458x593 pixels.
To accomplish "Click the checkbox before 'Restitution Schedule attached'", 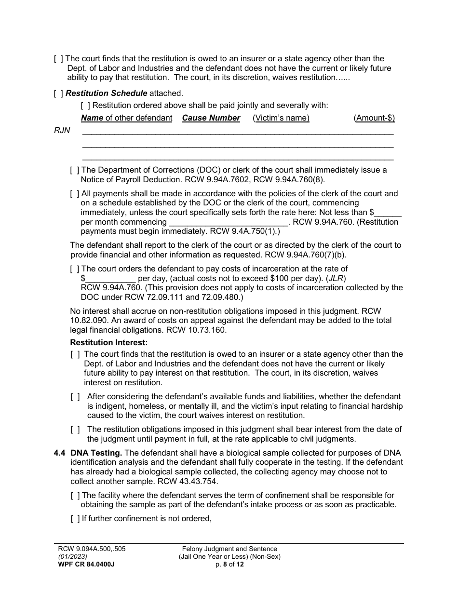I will pyautogui.click(x=58, y=94).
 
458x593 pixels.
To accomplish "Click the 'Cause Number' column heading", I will pyautogui.click(x=211, y=118).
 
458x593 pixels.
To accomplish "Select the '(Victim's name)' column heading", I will pyautogui.click(x=281, y=118).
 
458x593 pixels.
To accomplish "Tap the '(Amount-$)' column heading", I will pyautogui.click(x=374, y=118).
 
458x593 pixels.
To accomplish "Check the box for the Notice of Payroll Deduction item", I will pyautogui.click(x=74, y=170).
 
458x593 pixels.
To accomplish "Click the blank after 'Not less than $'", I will pyautogui.click(x=388, y=212).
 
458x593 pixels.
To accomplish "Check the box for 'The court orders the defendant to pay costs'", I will pyautogui.click(x=74, y=269).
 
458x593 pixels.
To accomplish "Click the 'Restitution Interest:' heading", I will pyautogui.click(x=108, y=343).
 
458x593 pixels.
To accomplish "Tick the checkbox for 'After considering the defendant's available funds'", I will pyautogui.click(x=75, y=397).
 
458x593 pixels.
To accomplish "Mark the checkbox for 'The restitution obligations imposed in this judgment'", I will pyautogui.click(x=75, y=430).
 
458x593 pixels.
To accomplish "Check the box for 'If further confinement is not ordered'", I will pyautogui.click(x=74, y=519).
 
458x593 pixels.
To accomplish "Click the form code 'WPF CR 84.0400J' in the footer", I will pyautogui.click(x=84, y=565).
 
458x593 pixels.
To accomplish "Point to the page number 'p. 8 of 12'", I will pyautogui.click(x=229, y=565).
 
